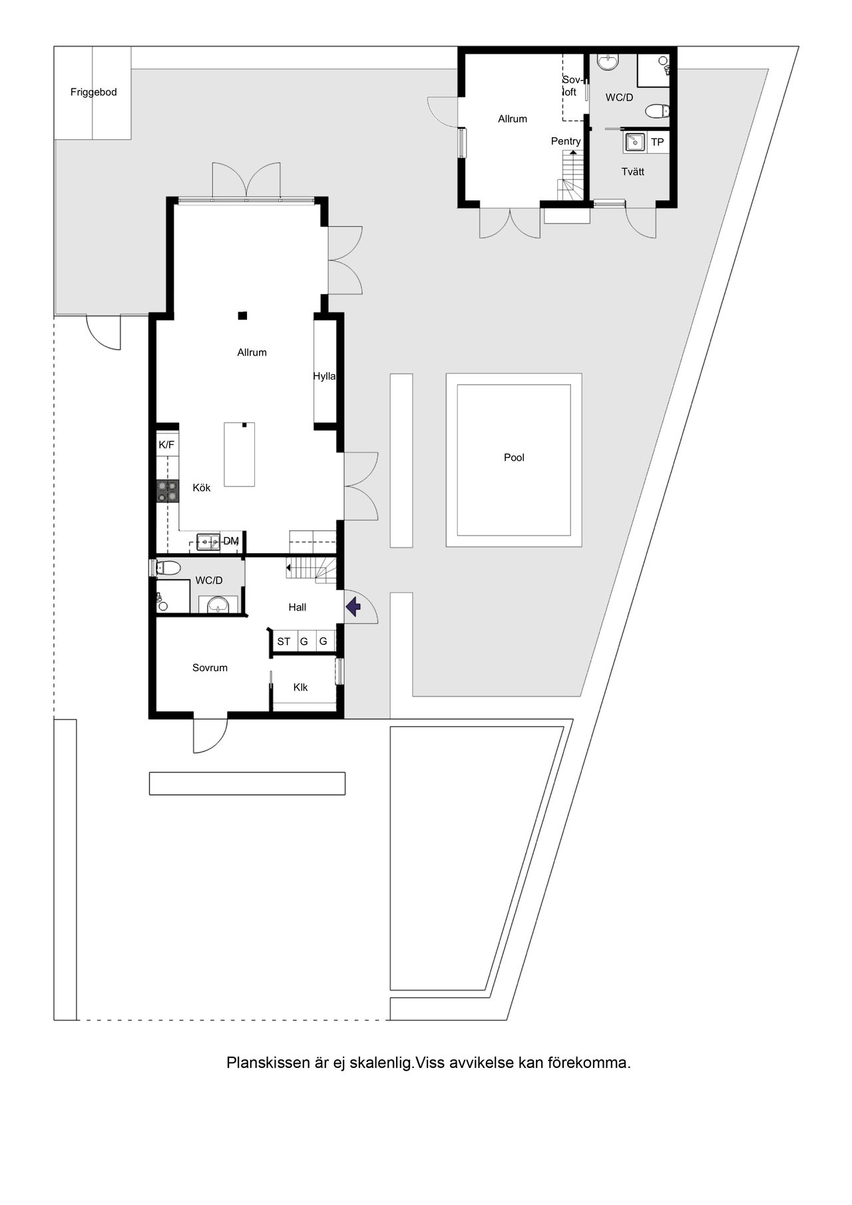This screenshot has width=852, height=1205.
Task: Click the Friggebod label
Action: (93, 92)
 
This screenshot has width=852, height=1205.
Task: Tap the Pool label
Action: (514, 457)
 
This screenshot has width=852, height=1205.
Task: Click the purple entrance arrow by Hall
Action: (353, 606)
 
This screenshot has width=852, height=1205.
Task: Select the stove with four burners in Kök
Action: (168, 491)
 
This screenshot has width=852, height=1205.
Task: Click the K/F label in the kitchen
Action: (166, 445)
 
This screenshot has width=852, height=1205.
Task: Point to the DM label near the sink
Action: (231, 541)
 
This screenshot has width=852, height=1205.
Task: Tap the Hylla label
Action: (324, 376)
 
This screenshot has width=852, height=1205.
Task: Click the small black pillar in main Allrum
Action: (244, 315)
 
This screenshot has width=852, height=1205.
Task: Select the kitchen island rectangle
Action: (240, 455)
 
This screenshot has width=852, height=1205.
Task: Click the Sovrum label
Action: (210, 668)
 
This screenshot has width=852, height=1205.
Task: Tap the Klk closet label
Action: (300, 687)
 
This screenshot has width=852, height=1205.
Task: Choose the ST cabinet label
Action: (284, 642)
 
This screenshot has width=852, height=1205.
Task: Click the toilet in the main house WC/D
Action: (168, 568)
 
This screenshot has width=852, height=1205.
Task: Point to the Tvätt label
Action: (632, 171)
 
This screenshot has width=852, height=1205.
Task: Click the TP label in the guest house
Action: (657, 142)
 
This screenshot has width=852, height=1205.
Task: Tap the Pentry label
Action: (566, 141)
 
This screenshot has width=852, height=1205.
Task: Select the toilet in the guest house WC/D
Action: (657, 111)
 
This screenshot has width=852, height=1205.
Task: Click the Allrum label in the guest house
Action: (513, 119)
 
